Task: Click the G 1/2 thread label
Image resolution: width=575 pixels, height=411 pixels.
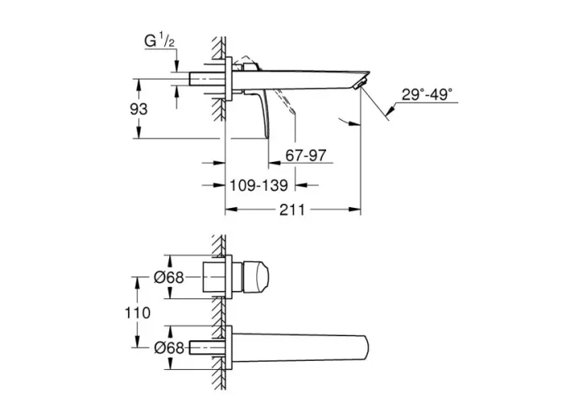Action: click(159, 41)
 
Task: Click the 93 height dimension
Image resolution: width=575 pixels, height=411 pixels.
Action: click(139, 109)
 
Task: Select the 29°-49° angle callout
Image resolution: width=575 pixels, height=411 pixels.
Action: click(427, 95)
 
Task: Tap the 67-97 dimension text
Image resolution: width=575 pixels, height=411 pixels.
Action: click(306, 155)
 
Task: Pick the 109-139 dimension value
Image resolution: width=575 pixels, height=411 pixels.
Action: click(259, 186)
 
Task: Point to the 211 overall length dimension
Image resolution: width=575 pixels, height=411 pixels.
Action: click(292, 210)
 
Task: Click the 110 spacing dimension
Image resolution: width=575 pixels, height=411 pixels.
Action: click(137, 313)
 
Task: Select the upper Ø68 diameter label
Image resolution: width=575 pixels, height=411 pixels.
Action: click(169, 278)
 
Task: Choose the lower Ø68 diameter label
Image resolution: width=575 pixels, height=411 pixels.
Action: click(169, 347)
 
